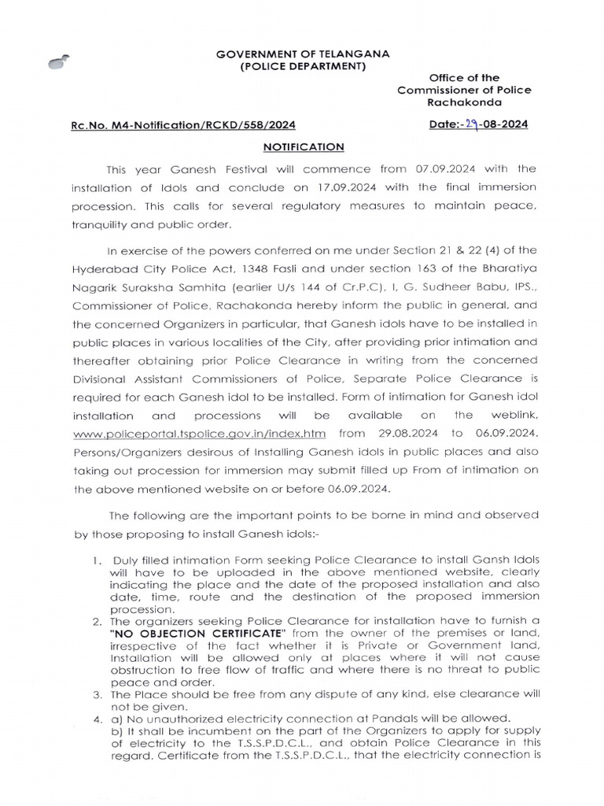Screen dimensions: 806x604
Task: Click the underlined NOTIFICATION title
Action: [x=303, y=146]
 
